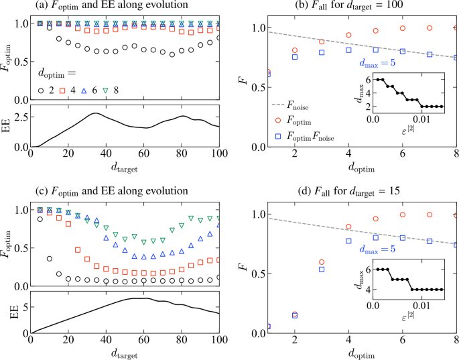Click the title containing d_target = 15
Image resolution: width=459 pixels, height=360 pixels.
[x=363, y=191]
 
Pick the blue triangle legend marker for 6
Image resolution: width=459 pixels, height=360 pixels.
[x=84, y=89]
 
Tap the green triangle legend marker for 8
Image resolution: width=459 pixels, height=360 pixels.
[x=107, y=89]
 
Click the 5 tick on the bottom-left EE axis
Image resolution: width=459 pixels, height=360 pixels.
[x=23, y=306]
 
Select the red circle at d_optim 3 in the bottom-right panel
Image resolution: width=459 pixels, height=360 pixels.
[x=322, y=262]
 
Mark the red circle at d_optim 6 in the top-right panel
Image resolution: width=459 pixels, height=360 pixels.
[x=402, y=29]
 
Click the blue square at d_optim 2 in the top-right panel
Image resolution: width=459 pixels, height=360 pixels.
[x=295, y=57]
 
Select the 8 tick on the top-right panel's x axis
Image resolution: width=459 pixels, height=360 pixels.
[x=456, y=154]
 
